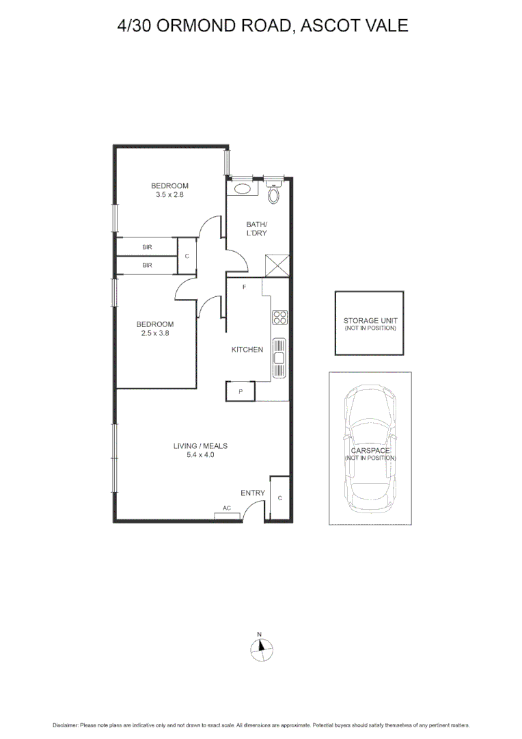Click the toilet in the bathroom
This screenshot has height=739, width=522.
click(274, 194)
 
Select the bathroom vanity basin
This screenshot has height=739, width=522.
click(241, 187)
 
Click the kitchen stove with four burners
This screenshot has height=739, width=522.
click(280, 317)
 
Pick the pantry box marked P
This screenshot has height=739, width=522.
click(240, 391)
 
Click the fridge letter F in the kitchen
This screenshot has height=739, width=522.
click(244, 287)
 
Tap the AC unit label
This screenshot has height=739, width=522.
click(226, 508)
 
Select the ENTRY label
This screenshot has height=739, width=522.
click(252, 493)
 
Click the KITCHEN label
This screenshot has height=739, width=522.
click(247, 350)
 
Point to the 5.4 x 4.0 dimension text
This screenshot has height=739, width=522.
click(200, 454)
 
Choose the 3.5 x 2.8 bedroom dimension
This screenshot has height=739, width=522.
click(169, 194)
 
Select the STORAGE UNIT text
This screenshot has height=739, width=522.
click(369, 320)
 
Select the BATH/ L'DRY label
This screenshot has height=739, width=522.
click(257, 229)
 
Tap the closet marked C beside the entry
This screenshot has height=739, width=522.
click(279, 497)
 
